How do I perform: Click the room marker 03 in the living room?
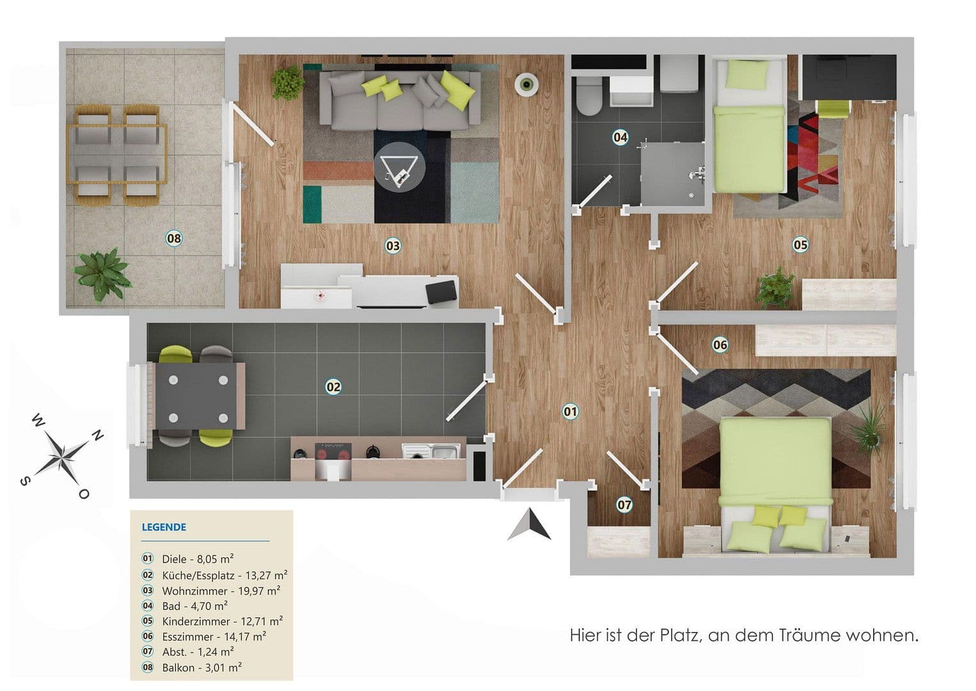[x=392, y=246]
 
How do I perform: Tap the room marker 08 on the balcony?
[x=174, y=239]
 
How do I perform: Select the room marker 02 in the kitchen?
[x=333, y=386]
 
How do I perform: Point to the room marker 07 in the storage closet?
[x=624, y=505]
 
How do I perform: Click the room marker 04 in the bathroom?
[x=620, y=137]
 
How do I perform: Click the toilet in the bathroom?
[x=588, y=98]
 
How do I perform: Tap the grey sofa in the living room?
[x=400, y=99]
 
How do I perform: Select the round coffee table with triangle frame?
[x=399, y=166]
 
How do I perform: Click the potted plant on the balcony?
[x=102, y=274]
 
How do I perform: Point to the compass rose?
[x=62, y=456]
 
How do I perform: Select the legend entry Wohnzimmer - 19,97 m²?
[x=221, y=591]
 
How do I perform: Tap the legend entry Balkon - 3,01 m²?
[x=201, y=667]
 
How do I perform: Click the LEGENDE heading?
[x=164, y=527]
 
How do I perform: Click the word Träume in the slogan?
[x=809, y=635]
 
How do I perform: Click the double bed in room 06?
[x=776, y=473]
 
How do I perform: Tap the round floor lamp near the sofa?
[x=526, y=83]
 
